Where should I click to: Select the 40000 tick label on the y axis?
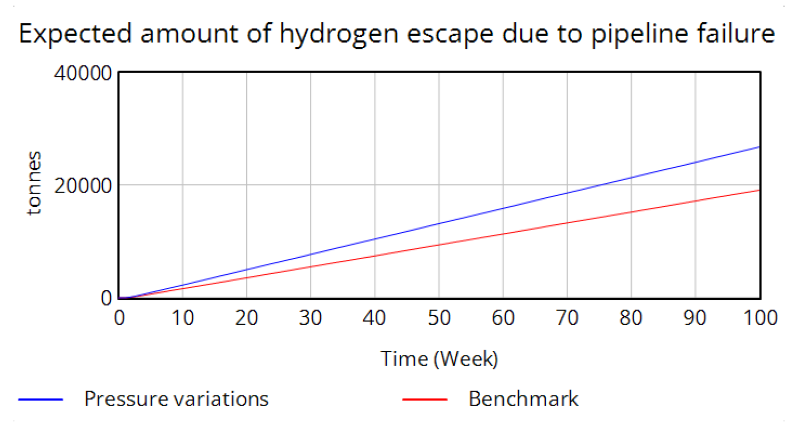(x=83, y=73)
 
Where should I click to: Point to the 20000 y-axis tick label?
(x=83, y=186)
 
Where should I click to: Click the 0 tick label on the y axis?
(x=106, y=298)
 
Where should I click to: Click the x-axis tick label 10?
(x=183, y=318)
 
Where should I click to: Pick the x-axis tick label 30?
(x=310, y=318)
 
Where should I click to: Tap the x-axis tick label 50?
(x=439, y=318)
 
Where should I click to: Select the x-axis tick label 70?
(x=567, y=318)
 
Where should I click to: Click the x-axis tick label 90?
(x=695, y=318)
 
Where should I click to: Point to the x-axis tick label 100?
(x=760, y=318)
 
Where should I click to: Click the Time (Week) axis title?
(x=439, y=359)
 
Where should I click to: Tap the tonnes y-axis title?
(x=34, y=184)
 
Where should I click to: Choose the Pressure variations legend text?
(x=176, y=399)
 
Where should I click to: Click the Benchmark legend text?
(x=523, y=399)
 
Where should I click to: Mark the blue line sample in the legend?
(x=41, y=400)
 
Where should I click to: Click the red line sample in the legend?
(x=425, y=400)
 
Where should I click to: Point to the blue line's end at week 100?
(x=759, y=147)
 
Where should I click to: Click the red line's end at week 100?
(x=759, y=190)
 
